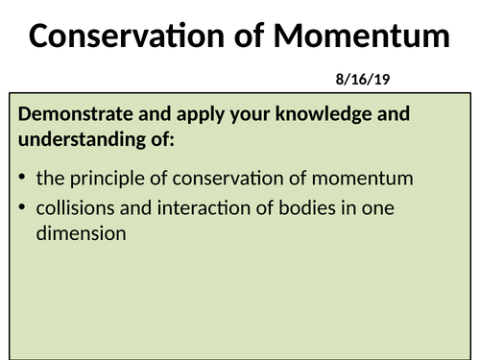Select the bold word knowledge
[x=320, y=114]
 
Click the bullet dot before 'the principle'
[x=22, y=179]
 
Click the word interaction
[x=195, y=208]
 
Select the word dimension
[x=81, y=232]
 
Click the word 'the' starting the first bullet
[x=49, y=178]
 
